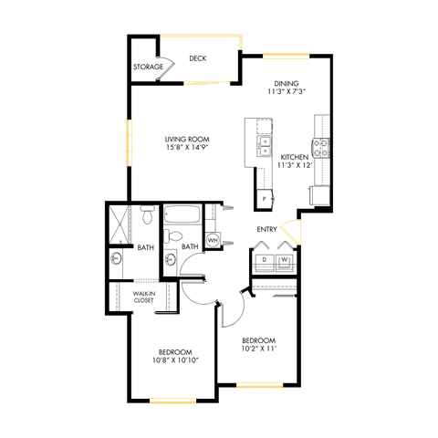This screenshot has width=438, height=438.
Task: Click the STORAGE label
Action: tap(148, 67)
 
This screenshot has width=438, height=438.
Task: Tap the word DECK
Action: tap(197, 58)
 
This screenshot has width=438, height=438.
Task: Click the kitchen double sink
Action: tap(266, 144)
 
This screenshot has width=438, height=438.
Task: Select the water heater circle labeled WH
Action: tap(213, 240)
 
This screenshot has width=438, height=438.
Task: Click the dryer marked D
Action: tap(265, 259)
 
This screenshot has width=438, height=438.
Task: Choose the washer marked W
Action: tap(285, 259)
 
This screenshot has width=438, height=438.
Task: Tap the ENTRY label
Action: tap(266, 229)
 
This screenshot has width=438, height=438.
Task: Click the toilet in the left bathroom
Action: tap(147, 218)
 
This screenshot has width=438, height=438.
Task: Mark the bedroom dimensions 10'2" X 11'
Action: tap(257, 348)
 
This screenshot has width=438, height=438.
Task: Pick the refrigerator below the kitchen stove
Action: tap(320, 194)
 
